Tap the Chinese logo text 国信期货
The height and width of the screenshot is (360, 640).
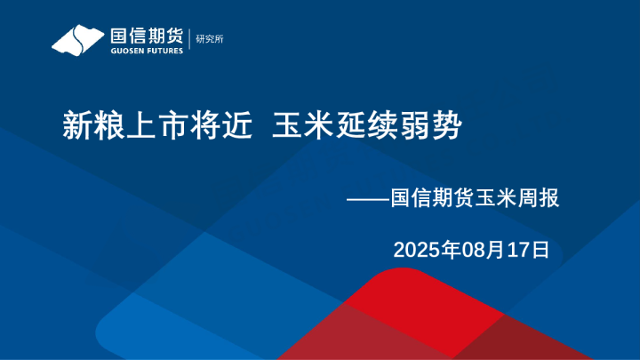(x=147, y=36)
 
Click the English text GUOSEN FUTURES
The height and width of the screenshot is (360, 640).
(x=147, y=51)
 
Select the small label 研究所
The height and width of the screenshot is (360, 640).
(x=211, y=39)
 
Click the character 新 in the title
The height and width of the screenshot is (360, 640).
(x=77, y=126)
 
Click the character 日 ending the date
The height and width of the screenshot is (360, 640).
(x=541, y=250)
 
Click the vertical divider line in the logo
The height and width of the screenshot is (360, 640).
(x=189, y=39)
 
